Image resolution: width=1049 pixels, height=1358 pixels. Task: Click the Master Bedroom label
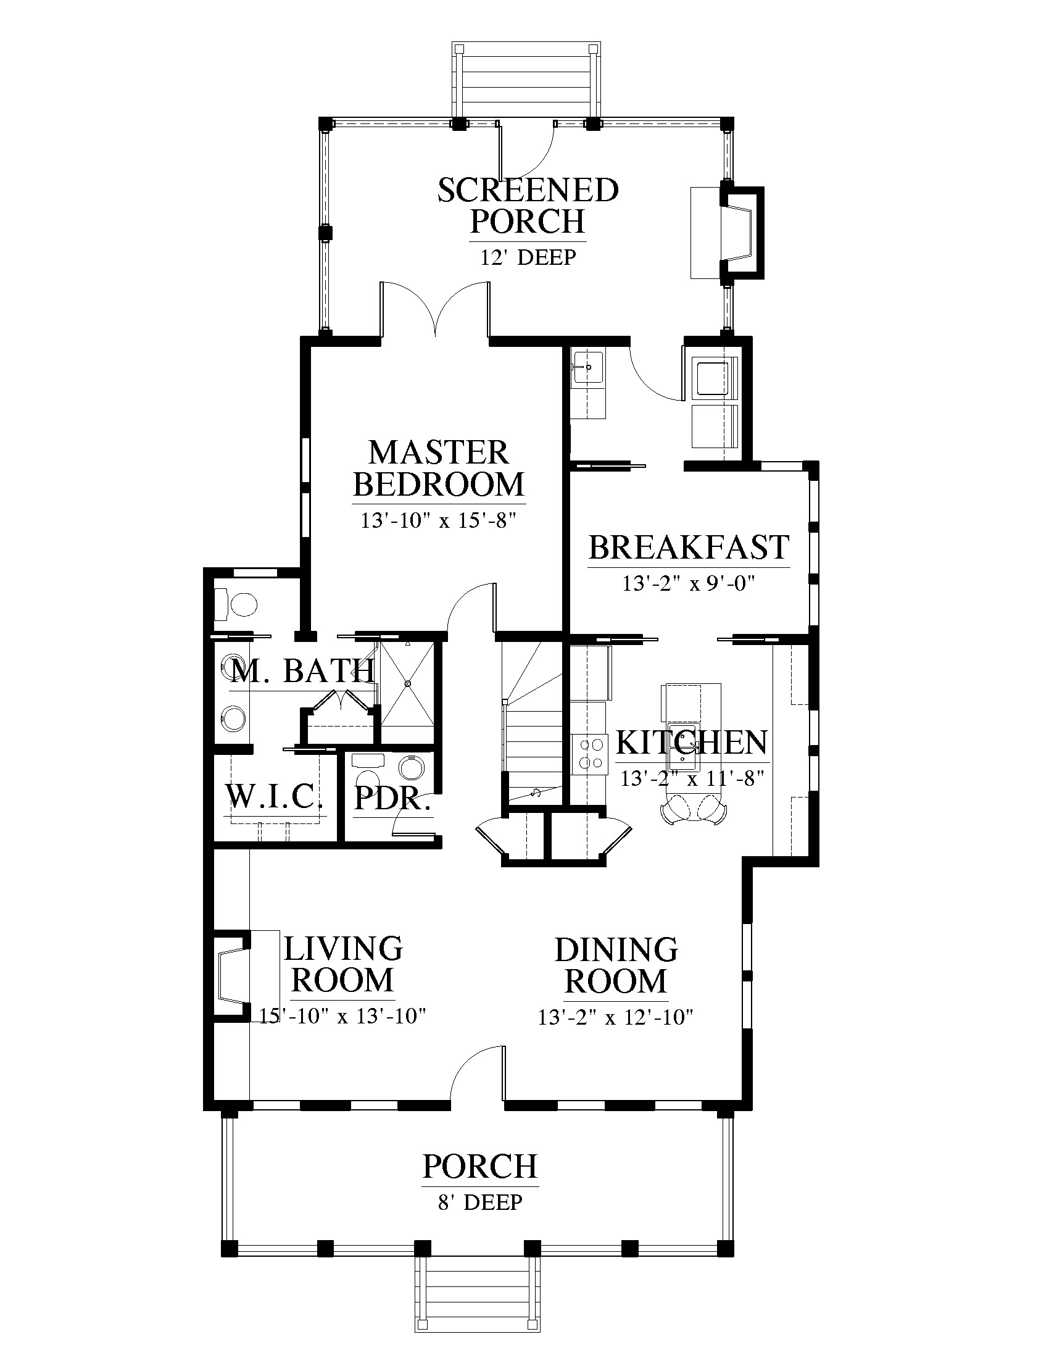tap(439, 469)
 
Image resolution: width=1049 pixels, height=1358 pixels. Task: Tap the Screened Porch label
tap(528, 206)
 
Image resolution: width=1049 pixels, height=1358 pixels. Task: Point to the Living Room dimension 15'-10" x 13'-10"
tap(342, 1016)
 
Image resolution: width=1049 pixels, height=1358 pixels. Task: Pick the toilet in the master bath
tap(236, 603)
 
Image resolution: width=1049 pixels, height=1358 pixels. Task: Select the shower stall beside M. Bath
tap(407, 683)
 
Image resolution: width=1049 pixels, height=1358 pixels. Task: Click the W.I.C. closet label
tap(274, 796)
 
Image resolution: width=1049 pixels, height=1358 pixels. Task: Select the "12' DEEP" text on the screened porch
tap(528, 257)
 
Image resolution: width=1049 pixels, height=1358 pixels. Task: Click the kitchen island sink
tap(684, 746)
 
